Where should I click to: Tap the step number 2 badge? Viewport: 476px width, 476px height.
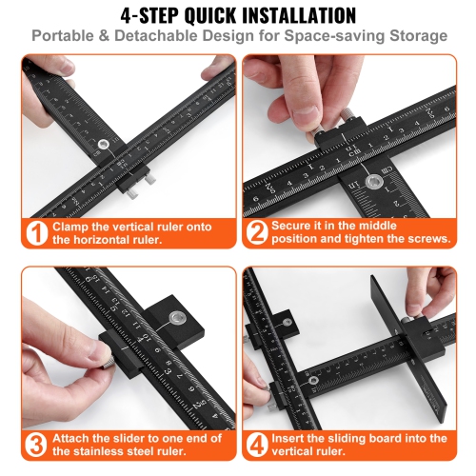tap(256, 233)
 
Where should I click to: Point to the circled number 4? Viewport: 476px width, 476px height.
tap(256, 446)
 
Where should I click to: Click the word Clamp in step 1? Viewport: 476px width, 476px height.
tap(75, 227)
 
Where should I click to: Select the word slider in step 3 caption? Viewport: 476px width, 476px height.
tap(120, 438)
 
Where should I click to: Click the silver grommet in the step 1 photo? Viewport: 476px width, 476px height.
tap(103, 145)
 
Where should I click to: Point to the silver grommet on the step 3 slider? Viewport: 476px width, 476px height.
tap(175, 316)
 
